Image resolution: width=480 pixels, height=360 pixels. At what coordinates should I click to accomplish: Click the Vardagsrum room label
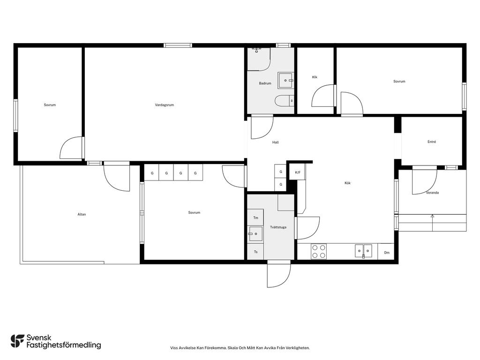tap(165, 105)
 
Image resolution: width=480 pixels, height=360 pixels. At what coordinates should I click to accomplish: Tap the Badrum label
tap(265, 83)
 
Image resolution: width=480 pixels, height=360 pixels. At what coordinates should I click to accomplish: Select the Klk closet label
tap(315, 77)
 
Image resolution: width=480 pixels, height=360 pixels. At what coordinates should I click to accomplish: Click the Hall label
tap(276, 142)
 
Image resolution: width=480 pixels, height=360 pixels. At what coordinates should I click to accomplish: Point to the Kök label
tap(347, 183)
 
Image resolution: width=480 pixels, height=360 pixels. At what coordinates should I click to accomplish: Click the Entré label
tap(432, 142)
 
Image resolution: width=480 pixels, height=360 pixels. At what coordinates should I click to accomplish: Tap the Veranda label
tap(433, 193)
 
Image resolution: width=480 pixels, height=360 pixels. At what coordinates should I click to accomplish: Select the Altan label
tap(82, 214)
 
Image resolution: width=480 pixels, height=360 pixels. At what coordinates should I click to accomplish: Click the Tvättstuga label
tap(278, 227)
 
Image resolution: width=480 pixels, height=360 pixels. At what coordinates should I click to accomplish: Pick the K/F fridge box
tap(298, 172)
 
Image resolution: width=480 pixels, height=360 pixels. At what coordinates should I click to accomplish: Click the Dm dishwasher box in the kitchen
tap(387, 252)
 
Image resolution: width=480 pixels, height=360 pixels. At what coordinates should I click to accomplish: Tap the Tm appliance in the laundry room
tap(255, 217)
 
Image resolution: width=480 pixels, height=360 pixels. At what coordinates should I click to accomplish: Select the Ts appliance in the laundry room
tap(255, 252)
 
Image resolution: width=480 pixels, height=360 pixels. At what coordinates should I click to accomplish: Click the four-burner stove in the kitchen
tap(319, 251)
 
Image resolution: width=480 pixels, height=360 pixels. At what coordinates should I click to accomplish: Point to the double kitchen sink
tap(364, 251)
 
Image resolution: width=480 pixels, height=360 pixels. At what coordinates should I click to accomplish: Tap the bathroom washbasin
tap(285, 81)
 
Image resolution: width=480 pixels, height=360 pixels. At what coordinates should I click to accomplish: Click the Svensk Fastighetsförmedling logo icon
tap(17, 341)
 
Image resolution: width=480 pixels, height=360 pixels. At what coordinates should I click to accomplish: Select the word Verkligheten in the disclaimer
tap(300, 348)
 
